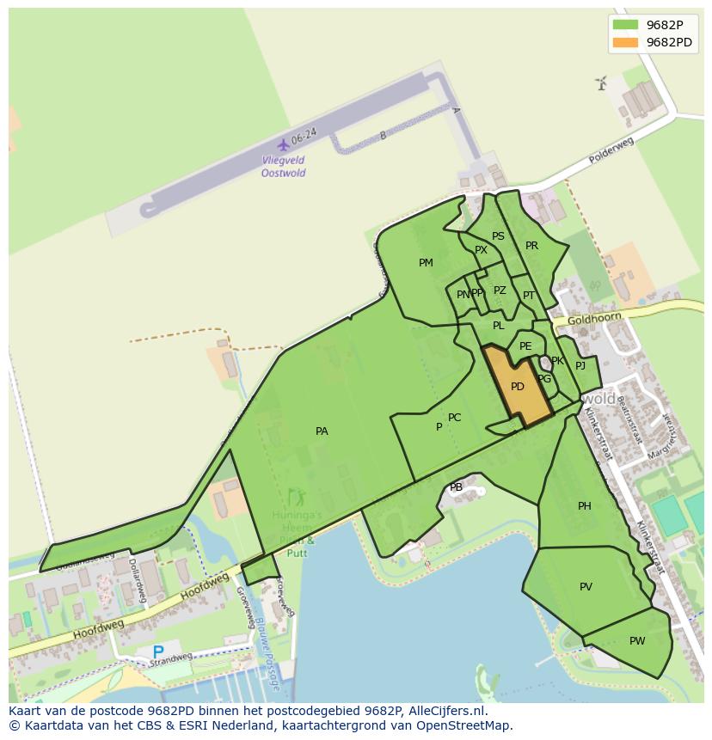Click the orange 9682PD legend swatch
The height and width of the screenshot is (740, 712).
[625, 42]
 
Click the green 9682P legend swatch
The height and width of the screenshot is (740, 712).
[625, 24]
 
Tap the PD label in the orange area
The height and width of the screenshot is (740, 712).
[517, 387]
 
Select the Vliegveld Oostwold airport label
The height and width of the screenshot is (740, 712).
[284, 166]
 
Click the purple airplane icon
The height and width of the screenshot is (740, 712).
[283, 144]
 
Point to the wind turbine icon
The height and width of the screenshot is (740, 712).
[601, 83]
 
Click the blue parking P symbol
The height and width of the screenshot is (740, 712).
[157, 652]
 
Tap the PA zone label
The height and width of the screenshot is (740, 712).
[322, 431]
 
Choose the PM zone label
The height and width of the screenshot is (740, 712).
[426, 263]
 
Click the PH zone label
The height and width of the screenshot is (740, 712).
[585, 506]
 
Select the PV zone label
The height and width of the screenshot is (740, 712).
[586, 587]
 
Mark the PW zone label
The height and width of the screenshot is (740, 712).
[637, 641]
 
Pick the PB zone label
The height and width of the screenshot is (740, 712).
[457, 487]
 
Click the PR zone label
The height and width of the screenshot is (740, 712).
[531, 246]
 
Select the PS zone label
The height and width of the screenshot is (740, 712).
[498, 236]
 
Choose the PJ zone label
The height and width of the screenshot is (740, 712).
[580, 366]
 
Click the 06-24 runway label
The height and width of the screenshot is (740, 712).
[304, 136]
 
